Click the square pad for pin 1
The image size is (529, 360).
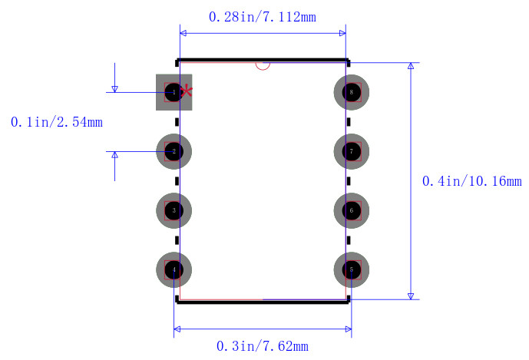tap(174, 92)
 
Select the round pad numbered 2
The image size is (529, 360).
tap(174, 151)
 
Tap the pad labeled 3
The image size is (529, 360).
tap(174, 210)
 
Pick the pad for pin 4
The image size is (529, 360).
tap(174, 270)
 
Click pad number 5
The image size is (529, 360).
tap(352, 270)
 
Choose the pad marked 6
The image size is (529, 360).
tap(352, 210)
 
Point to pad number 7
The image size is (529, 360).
tap(352, 151)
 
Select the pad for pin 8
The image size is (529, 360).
tap(352, 92)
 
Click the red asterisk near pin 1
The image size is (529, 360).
tap(187, 91)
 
